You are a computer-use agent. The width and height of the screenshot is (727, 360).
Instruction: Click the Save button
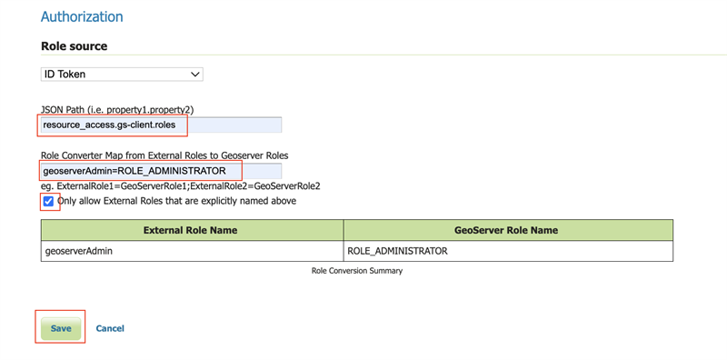click(x=61, y=328)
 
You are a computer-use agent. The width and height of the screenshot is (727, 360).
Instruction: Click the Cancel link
click(x=110, y=328)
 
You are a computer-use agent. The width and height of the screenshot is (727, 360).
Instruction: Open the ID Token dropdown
click(x=122, y=75)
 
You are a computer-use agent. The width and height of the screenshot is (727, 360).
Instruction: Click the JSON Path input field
click(x=161, y=125)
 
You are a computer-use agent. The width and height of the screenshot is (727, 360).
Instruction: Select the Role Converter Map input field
click(x=161, y=171)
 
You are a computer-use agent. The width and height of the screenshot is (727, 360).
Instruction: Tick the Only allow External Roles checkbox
click(x=48, y=201)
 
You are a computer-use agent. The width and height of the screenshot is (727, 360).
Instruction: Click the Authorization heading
click(x=82, y=16)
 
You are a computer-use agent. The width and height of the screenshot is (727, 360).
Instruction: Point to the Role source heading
click(x=75, y=46)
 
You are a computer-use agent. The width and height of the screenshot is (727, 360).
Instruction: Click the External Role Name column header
click(x=191, y=230)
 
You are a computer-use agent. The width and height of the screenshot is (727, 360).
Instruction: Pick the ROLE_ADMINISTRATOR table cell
click(x=508, y=251)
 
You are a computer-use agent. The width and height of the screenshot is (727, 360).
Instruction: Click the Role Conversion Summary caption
click(x=357, y=271)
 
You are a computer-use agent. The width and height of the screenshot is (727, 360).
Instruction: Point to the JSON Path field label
click(x=117, y=110)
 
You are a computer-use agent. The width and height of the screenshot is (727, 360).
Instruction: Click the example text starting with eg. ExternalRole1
click(x=181, y=186)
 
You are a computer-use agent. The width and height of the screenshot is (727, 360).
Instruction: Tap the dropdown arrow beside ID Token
click(x=195, y=75)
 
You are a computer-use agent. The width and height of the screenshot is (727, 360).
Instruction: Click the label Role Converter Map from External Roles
click(x=164, y=155)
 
